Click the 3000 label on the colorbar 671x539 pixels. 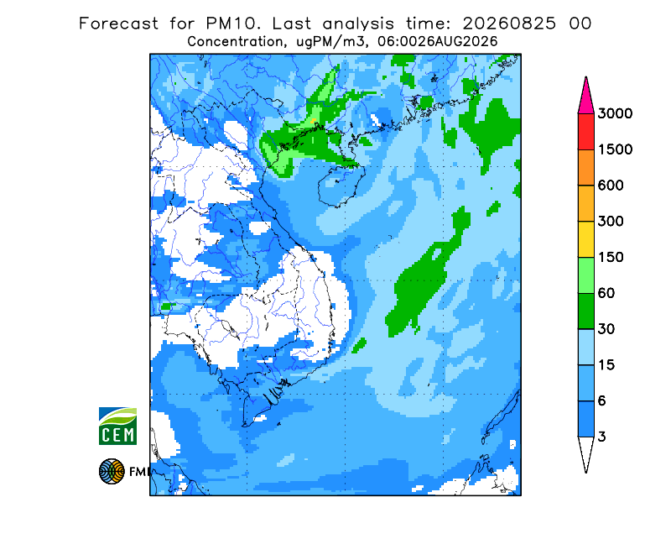[x=615, y=113]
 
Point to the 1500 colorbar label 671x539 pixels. [x=615, y=149]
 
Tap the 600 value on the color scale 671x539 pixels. [x=611, y=186]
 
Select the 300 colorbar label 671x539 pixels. [x=611, y=222]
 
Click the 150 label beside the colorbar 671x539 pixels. [x=611, y=258]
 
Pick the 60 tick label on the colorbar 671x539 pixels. [x=606, y=294]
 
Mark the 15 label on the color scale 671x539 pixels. [x=606, y=365]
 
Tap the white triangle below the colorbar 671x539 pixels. [x=585, y=453]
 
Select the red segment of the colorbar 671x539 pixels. [x=585, y=132]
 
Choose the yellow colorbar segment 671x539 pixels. [x=585, y=239]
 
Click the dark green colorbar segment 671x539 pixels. [x=585, y=311]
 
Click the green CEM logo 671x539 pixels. [x=117, y=426]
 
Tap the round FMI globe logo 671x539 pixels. [x=112, y=471]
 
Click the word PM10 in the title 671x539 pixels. [x=232, y=24]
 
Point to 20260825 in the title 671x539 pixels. [x=509, y=24]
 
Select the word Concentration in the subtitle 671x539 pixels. [x=235, y=42]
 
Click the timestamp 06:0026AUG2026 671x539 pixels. [x=437, y=42]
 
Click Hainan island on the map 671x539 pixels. [x=341, y=186]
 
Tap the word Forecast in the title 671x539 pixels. [x=118, y=24]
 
